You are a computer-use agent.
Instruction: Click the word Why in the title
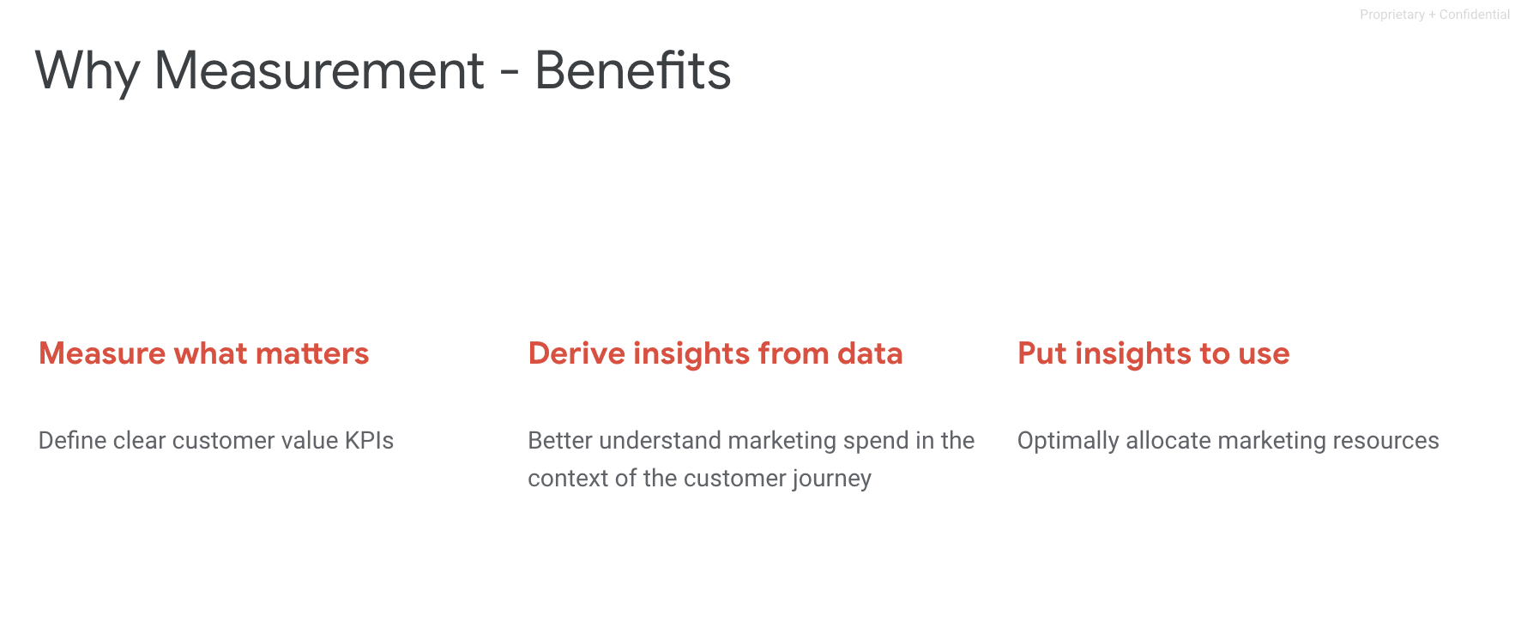87,71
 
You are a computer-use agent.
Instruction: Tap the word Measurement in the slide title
319,70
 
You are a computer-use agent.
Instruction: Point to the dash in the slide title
510,74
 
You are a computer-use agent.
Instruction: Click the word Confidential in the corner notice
1475,15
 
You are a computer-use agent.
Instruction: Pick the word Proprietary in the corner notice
1392,15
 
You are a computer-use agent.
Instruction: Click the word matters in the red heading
312,353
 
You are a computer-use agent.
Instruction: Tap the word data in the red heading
870,353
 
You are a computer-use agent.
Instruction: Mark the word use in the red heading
1264,355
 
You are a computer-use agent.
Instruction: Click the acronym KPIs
369,440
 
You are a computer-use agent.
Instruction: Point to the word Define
73,440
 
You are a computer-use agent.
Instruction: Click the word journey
831,479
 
